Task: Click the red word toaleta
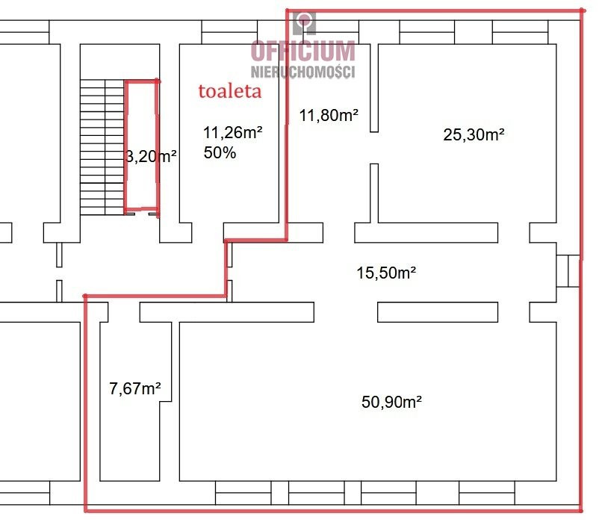(x=230, y=91)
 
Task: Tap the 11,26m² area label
(x=232, y=132)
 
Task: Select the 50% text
(x=220, y=153)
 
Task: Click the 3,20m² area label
(x=151, y=156)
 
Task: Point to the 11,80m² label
(x=329, y=115)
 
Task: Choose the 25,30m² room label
(x=474, y=134)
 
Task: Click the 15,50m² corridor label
(x=386, y=273)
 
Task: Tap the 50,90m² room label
(x=391, y=403)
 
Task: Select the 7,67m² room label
(x=135, y=388)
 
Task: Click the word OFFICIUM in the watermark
(x=303, y=51)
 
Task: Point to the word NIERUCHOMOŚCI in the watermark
(x=303, y=72)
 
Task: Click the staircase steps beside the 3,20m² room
(x=102, y=147)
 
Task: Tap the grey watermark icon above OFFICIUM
(x=304, y=23)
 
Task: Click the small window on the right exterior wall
(x=568, y=271)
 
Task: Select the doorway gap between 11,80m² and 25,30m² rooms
(x=374, y=148)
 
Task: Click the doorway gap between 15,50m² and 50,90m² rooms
(x=346, y=312)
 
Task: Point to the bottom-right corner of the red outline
(x=581, y=511)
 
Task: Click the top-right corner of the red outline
(x=583, y=10)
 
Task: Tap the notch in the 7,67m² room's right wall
(x=166, y=402)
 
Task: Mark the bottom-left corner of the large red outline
(x=85, y=511)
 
